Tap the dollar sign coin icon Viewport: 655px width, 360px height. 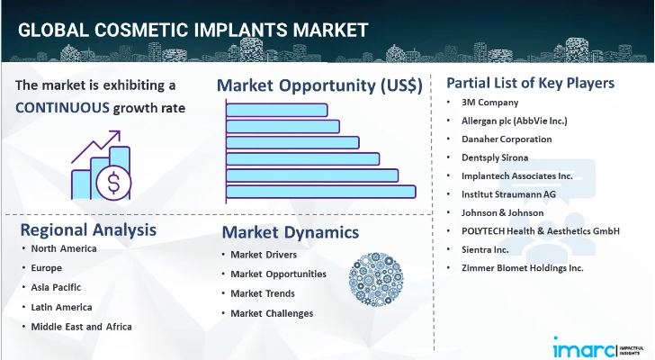point(115,184)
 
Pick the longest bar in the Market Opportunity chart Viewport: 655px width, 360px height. point(321,191)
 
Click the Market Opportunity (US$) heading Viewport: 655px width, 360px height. point(319,85)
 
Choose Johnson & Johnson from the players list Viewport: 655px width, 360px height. point(501,212)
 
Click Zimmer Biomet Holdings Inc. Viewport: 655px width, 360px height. point(521,267)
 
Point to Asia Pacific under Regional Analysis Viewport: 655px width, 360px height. point(56,287)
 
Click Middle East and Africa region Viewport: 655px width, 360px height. point(81,326)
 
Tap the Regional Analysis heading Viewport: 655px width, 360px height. point(87,229)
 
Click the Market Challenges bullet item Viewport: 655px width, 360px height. point(272,313)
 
